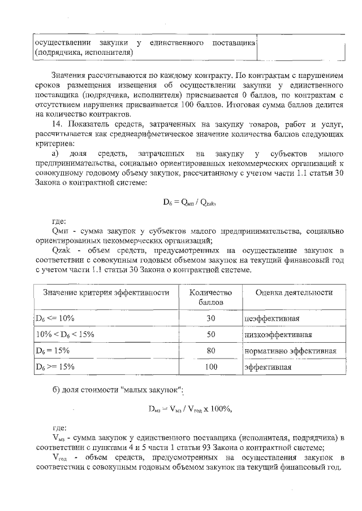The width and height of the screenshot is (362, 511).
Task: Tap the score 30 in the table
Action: pos(210,318)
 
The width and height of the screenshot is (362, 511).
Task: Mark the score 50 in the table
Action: pos(210,334)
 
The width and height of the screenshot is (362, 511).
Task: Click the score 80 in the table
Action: pos(210,351)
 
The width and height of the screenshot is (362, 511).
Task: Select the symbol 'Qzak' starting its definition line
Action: pos(60,249)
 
